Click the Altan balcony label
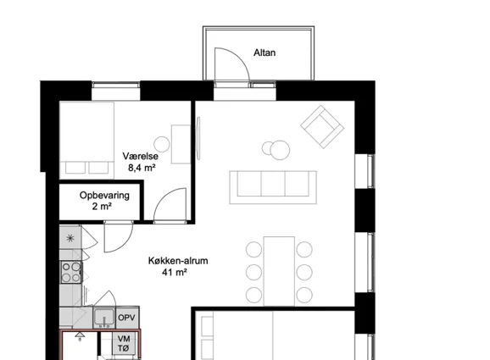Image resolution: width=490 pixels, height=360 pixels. pyautogui.click(x=264, y=53)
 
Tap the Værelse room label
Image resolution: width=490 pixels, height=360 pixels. pyautogui.click(x=141, y=156)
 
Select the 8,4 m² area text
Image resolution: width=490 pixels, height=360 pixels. pyautogui.click(x=142, y=168)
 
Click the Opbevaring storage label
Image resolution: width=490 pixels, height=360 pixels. pyautogui.click(x=104, y=196)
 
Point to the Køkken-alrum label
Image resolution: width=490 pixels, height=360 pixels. pyautogui.click(x=178, y=261)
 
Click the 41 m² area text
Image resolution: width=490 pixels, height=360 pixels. pyautogui.click(x=175, y=272)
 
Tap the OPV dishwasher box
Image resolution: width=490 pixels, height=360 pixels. pyautogui.click(x=127, y=318)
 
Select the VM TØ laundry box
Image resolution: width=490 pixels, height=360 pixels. pyautogui.click(x=124, y=343)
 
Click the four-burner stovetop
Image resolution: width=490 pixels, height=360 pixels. pyautogui.click(x=71, y=272)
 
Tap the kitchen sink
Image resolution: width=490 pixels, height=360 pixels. pyautogui.click(x=104, y=318)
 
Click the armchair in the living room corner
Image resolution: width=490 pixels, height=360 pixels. pyautogui.click(x=322, y=127)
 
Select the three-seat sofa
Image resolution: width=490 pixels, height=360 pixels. pyautogui.click(x=273, y=187)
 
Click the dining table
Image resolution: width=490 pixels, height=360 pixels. pyautogui.click(x=279, y=271)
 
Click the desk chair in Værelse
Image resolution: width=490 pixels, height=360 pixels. pyautogui.click(x=162, y=144)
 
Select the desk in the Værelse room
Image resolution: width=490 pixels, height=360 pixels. pyautogui.click(x=181, y=144)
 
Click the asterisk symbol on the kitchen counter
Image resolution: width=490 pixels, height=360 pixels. pyautogui.click(x=70, y=238)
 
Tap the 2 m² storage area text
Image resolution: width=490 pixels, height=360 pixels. pyautogui.click(x=103, y=207)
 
